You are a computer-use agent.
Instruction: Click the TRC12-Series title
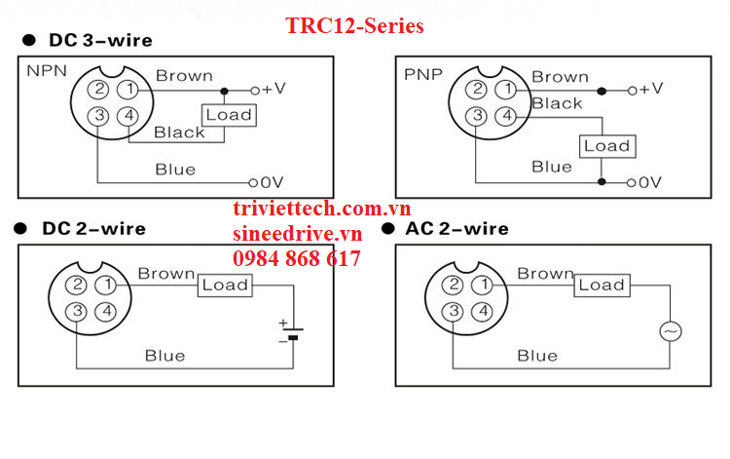click(x=355, y=26)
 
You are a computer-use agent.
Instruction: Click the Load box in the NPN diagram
click(x=228, y=115)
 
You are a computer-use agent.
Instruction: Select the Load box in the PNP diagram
click(x=606, y=146)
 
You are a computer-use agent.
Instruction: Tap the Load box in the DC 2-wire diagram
click(x=225, y=285)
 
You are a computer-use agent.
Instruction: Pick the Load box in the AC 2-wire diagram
click(x=601, y=285)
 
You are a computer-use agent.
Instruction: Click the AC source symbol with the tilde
click(x=671, y=331)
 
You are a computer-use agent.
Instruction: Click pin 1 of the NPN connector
click(x=128, y=90)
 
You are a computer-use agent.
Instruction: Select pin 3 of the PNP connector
click(x=475, y=117)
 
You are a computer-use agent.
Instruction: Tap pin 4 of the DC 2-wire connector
click(x=107, y=312)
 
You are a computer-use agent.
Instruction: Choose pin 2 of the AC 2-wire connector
click(x=453, y=286)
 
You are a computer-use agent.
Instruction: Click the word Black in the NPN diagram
click(x=179, y=133)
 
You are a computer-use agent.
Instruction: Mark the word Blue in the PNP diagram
click(x=552, y=167)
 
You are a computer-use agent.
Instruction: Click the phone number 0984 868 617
click(x=296, y=259)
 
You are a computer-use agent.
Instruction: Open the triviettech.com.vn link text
click(x=321, y=210)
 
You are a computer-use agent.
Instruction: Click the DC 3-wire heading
click(x=96, y=41)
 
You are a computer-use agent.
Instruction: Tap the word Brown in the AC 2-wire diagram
click(x=545, y=274)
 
